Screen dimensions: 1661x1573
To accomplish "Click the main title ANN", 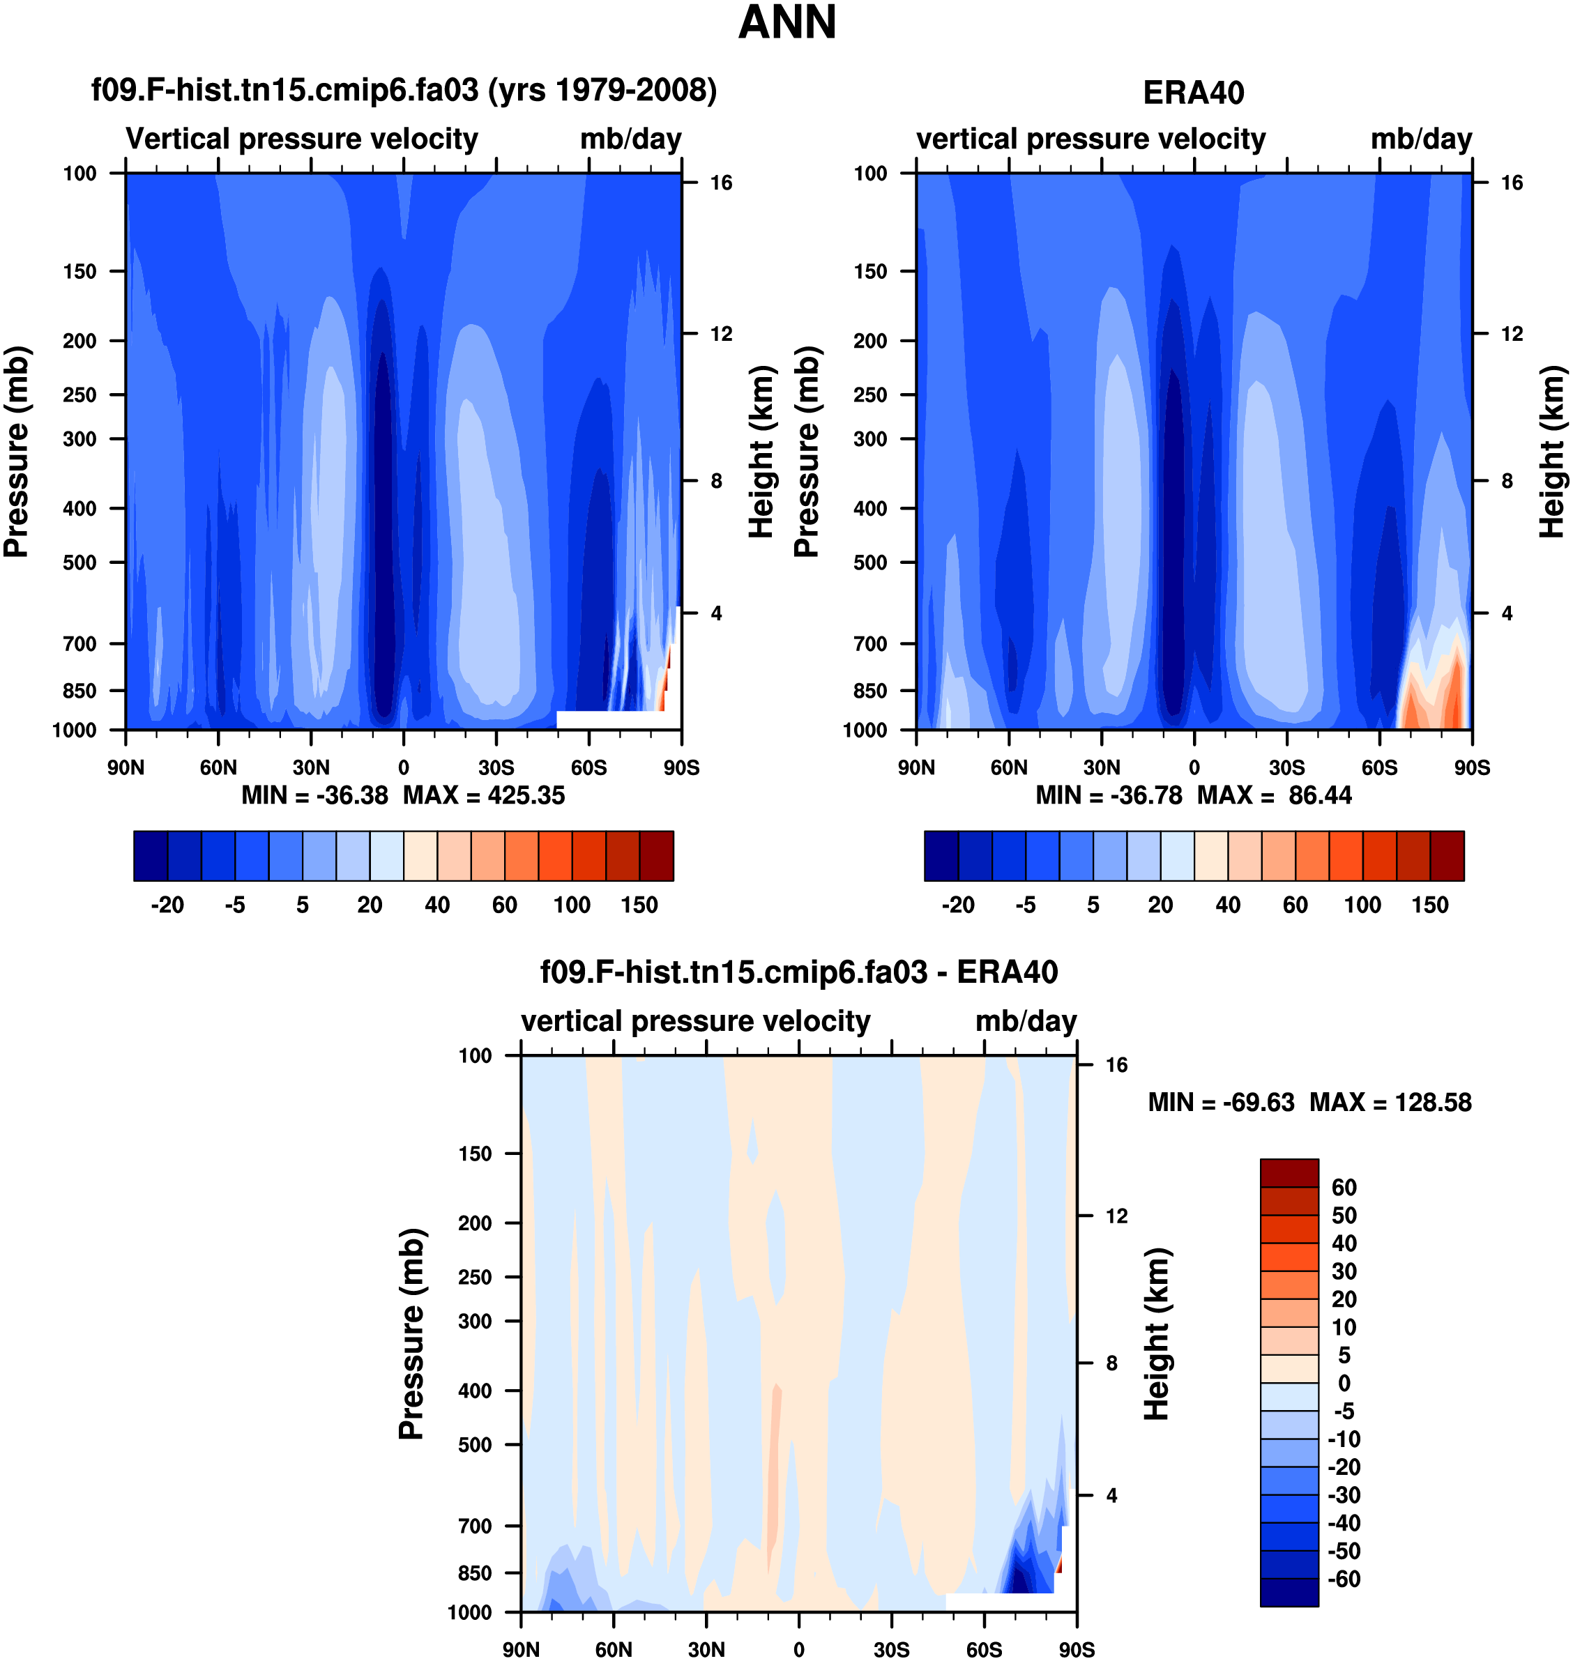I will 786,22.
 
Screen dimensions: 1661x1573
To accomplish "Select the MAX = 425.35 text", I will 484,795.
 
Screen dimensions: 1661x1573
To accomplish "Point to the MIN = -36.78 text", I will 1109,795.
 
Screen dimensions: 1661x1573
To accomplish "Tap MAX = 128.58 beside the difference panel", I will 1390,1102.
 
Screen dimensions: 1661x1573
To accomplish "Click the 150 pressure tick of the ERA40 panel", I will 869,272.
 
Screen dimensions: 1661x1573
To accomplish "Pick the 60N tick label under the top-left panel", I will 218,767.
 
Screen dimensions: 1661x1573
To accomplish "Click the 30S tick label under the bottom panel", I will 891,1649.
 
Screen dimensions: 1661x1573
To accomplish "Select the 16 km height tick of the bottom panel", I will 1116,1065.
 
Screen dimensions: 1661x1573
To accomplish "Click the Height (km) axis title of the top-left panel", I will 760,452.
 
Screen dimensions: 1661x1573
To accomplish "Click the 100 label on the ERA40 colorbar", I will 1362,905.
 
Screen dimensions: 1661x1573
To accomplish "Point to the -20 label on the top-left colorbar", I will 167,905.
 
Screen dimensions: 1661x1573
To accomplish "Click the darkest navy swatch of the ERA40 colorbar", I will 941,856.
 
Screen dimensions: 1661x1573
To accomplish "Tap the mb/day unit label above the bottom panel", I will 1026,1022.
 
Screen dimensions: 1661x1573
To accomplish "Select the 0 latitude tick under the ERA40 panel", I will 1193,767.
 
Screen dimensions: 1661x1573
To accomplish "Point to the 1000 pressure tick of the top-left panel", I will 75,730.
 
